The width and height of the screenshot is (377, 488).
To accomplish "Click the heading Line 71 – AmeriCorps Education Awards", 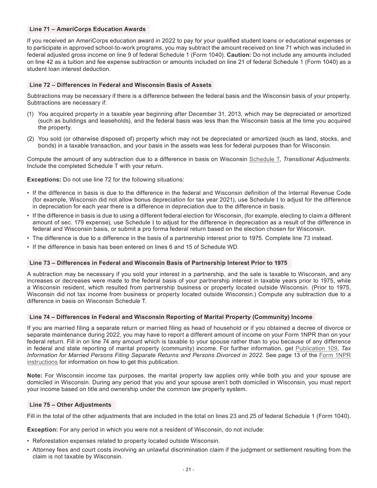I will click(x=88, y=29).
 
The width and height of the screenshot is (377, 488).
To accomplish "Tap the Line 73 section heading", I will click(x=158, y=263).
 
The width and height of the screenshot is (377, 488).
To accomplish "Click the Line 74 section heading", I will click(x=171, y=317).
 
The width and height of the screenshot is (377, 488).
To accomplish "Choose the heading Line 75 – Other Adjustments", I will click(x=70, y=405).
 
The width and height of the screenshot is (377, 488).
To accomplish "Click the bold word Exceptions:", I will click(x=44, y=180).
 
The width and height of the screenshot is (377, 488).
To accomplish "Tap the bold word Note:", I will click(x=35, y=375).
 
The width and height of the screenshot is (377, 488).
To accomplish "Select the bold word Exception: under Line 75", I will click(x=42, y=430).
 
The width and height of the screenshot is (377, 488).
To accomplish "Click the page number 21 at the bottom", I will click(x=188, y=470).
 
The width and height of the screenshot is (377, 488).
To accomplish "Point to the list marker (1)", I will click(x=31, y=114).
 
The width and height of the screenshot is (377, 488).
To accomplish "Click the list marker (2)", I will click(x=31, y=139).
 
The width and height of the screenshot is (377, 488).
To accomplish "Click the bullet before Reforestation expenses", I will click(x=28, y=441).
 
